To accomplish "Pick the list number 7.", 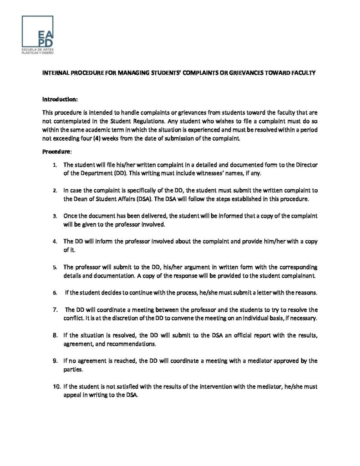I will point(55,309).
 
